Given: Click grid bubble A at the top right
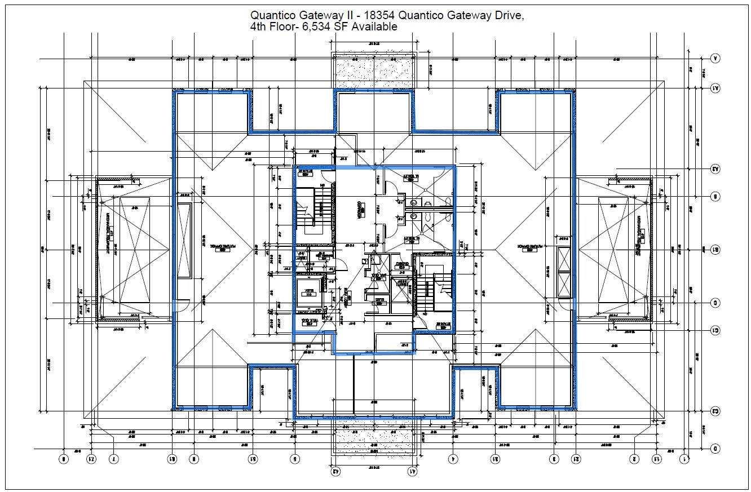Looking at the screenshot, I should pos(715,58).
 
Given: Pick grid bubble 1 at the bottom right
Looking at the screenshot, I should pos(684,459).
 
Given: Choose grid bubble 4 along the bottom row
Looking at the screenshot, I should pos(453,459).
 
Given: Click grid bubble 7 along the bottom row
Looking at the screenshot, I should pos(114,459).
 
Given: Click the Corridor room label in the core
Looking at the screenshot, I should pos(359,207).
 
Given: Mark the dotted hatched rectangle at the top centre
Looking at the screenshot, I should pos(374,71).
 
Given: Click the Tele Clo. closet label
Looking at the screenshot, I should pos(308,321).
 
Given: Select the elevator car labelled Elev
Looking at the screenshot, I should pos(308,291).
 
